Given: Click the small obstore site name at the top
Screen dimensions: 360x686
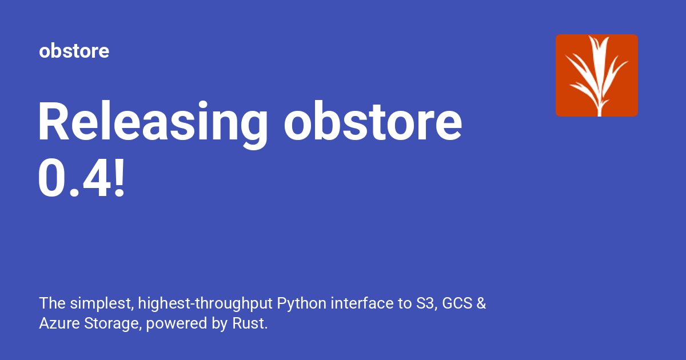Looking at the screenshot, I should click(74, 51).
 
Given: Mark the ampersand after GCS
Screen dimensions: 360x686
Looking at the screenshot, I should click(481, 303).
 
